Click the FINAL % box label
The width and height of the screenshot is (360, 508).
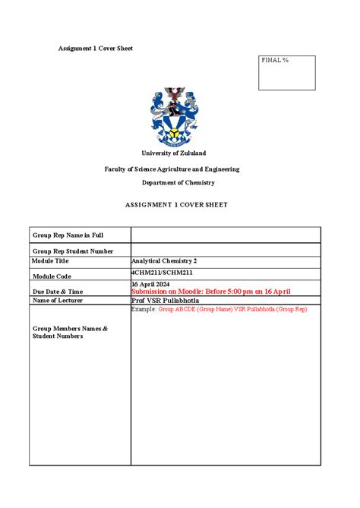click(x=275, y=60)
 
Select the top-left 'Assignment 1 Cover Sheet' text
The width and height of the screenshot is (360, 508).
click(x=96, y=49)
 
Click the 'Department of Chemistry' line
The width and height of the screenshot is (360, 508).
click(x=178, y=182)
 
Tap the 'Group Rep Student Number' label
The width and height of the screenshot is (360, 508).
click(x=72, y=251)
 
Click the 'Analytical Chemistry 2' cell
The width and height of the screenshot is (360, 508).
click(x=164, y=260)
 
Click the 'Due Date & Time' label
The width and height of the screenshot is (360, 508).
click(x=58, y=292)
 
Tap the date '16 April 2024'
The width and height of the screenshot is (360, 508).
click(x=151, y=284)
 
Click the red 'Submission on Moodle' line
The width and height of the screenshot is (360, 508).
click(x=211, y=292)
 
